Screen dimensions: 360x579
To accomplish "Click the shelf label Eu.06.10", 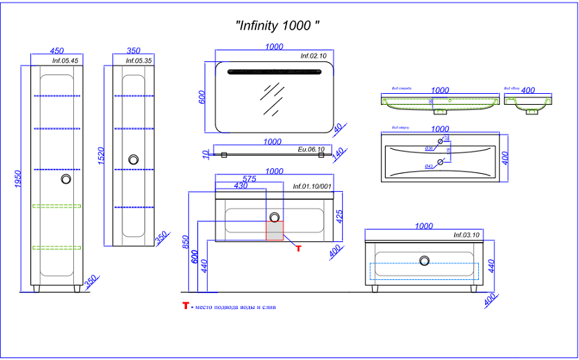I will coord(311,149).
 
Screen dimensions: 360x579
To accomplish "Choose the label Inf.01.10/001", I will coord(312,186).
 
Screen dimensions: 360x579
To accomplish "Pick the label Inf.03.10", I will coord(466,235).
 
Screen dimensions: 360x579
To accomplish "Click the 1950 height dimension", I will coord(19,181).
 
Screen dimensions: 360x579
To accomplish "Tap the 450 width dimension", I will coord(57,51).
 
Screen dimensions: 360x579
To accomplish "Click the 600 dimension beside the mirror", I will coord(202,98).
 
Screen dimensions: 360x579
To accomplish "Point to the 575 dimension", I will coord(251,179).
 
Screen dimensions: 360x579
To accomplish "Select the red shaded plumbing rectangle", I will coord(275,230).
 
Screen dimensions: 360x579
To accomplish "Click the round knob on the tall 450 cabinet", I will coord(66,179).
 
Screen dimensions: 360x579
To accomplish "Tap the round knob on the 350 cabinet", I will coord(134,159).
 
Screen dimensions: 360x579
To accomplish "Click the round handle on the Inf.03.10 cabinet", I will coord(424,260).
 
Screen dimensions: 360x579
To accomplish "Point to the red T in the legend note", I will coord(186,306).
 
